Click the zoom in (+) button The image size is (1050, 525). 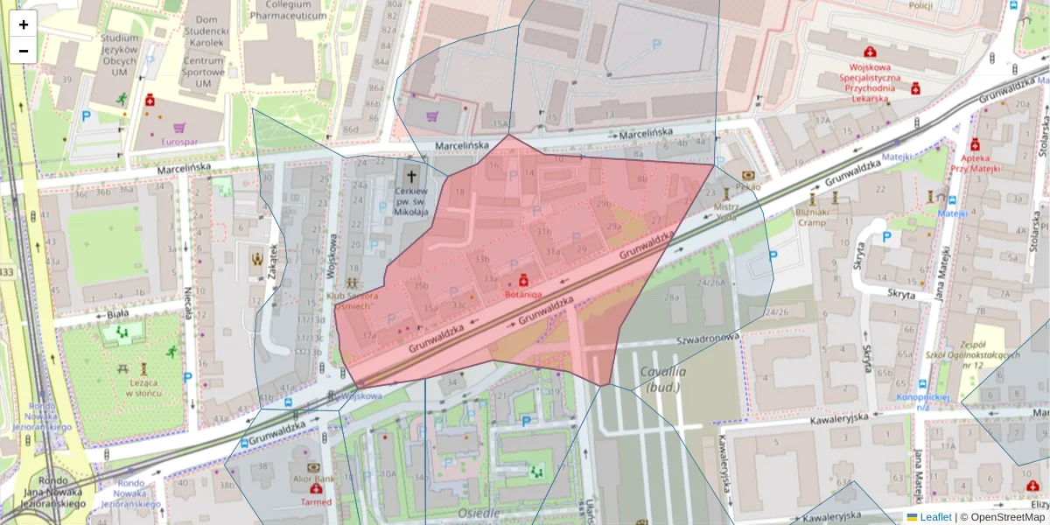pyautogui.click(x=24, y=24)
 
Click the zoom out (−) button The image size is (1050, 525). pyautogui.click(x=24, y=51)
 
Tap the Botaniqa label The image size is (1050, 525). pyautogui.click(x=523, y=295)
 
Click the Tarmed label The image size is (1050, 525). pyautogui.click(x=316, y=502)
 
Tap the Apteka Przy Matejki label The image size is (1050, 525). pyautogui.click(x=974, y=162)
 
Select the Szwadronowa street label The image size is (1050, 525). pyautogui.click(x=707, y=337)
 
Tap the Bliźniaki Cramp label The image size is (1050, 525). pyautogui.click(x=811, y=217)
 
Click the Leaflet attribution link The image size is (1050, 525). pyautogui.click(x=934, y=517)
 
